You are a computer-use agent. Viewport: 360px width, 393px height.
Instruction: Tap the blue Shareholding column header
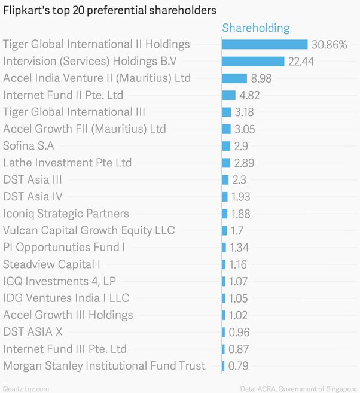tap(255, 28)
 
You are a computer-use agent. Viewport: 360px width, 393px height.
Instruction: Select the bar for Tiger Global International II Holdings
tap(264, 44)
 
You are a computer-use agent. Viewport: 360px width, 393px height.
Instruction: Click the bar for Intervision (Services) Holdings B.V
tap(252, 61)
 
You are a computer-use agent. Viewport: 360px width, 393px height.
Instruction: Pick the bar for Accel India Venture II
tap(234, 78)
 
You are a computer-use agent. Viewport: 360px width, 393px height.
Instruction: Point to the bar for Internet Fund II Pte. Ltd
tap(228, 95)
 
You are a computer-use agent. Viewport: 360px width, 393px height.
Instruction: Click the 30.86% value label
tap(329, 44)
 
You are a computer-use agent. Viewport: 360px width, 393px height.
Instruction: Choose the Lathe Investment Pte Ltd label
tap(67, 163)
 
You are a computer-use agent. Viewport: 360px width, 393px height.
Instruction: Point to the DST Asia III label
tap(32, 179)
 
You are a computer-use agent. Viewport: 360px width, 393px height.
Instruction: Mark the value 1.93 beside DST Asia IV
tap(240, 196)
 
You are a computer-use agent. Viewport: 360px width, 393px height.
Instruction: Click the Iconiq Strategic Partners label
tap(66, 214)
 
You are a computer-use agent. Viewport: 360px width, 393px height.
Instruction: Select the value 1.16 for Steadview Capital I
tap(239, 264)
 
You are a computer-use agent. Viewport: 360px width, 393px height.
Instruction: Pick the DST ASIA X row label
tap(33, 332)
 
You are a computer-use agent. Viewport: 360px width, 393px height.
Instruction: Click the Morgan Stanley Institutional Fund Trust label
tap(104, 365)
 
